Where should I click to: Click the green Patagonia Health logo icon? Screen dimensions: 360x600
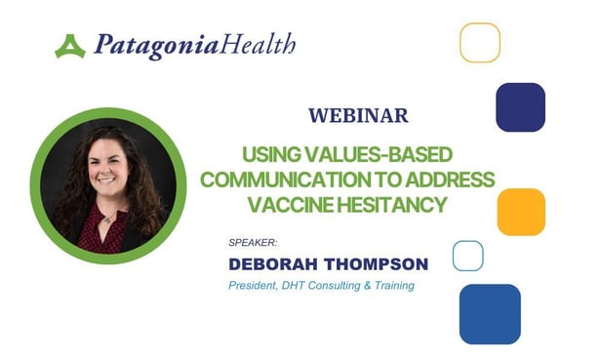pyautogui.click(x=70, y=46)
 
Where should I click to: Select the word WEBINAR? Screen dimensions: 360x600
pyautogui.click(x=358, y=115)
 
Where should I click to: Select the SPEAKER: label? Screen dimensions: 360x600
pyautogui.click(x=251, y=242)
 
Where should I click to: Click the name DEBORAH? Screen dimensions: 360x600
pyautogui.click(x=275, y=263)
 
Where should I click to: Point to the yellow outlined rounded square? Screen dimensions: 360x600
pyautogui.click(x=479, y=43)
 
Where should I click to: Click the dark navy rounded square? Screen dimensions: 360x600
pyautogui.click(x=520, y=107)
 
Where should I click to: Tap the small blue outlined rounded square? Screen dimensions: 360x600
pyautogui.click(x=468, y=256)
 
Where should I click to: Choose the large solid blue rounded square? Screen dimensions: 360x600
pyautogui.click(x=490, y=314)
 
